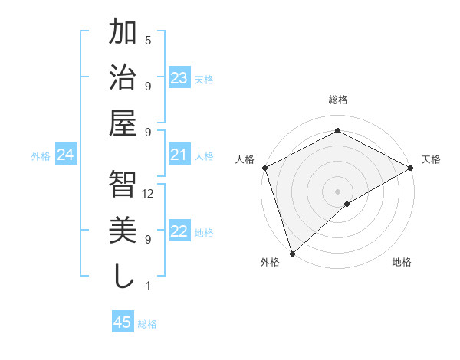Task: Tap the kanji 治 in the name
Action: coord(123,77)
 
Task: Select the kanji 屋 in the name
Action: coord(123,122)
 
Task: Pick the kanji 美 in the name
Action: coord(123,230)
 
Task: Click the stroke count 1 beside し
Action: coord(148,285)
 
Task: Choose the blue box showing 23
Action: coord(179,78)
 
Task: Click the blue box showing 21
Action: coord(179,155)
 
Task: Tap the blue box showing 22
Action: coord(179,232)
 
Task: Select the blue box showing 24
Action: coord(65,155)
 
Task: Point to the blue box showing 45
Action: coord(123,322)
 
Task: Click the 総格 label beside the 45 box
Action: coord(147,324)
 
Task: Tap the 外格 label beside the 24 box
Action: coord(41,156)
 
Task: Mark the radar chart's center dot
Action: coord(337,191)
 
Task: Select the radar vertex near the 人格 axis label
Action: coord(264,168)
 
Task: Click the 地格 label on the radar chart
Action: coord(402,262)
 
